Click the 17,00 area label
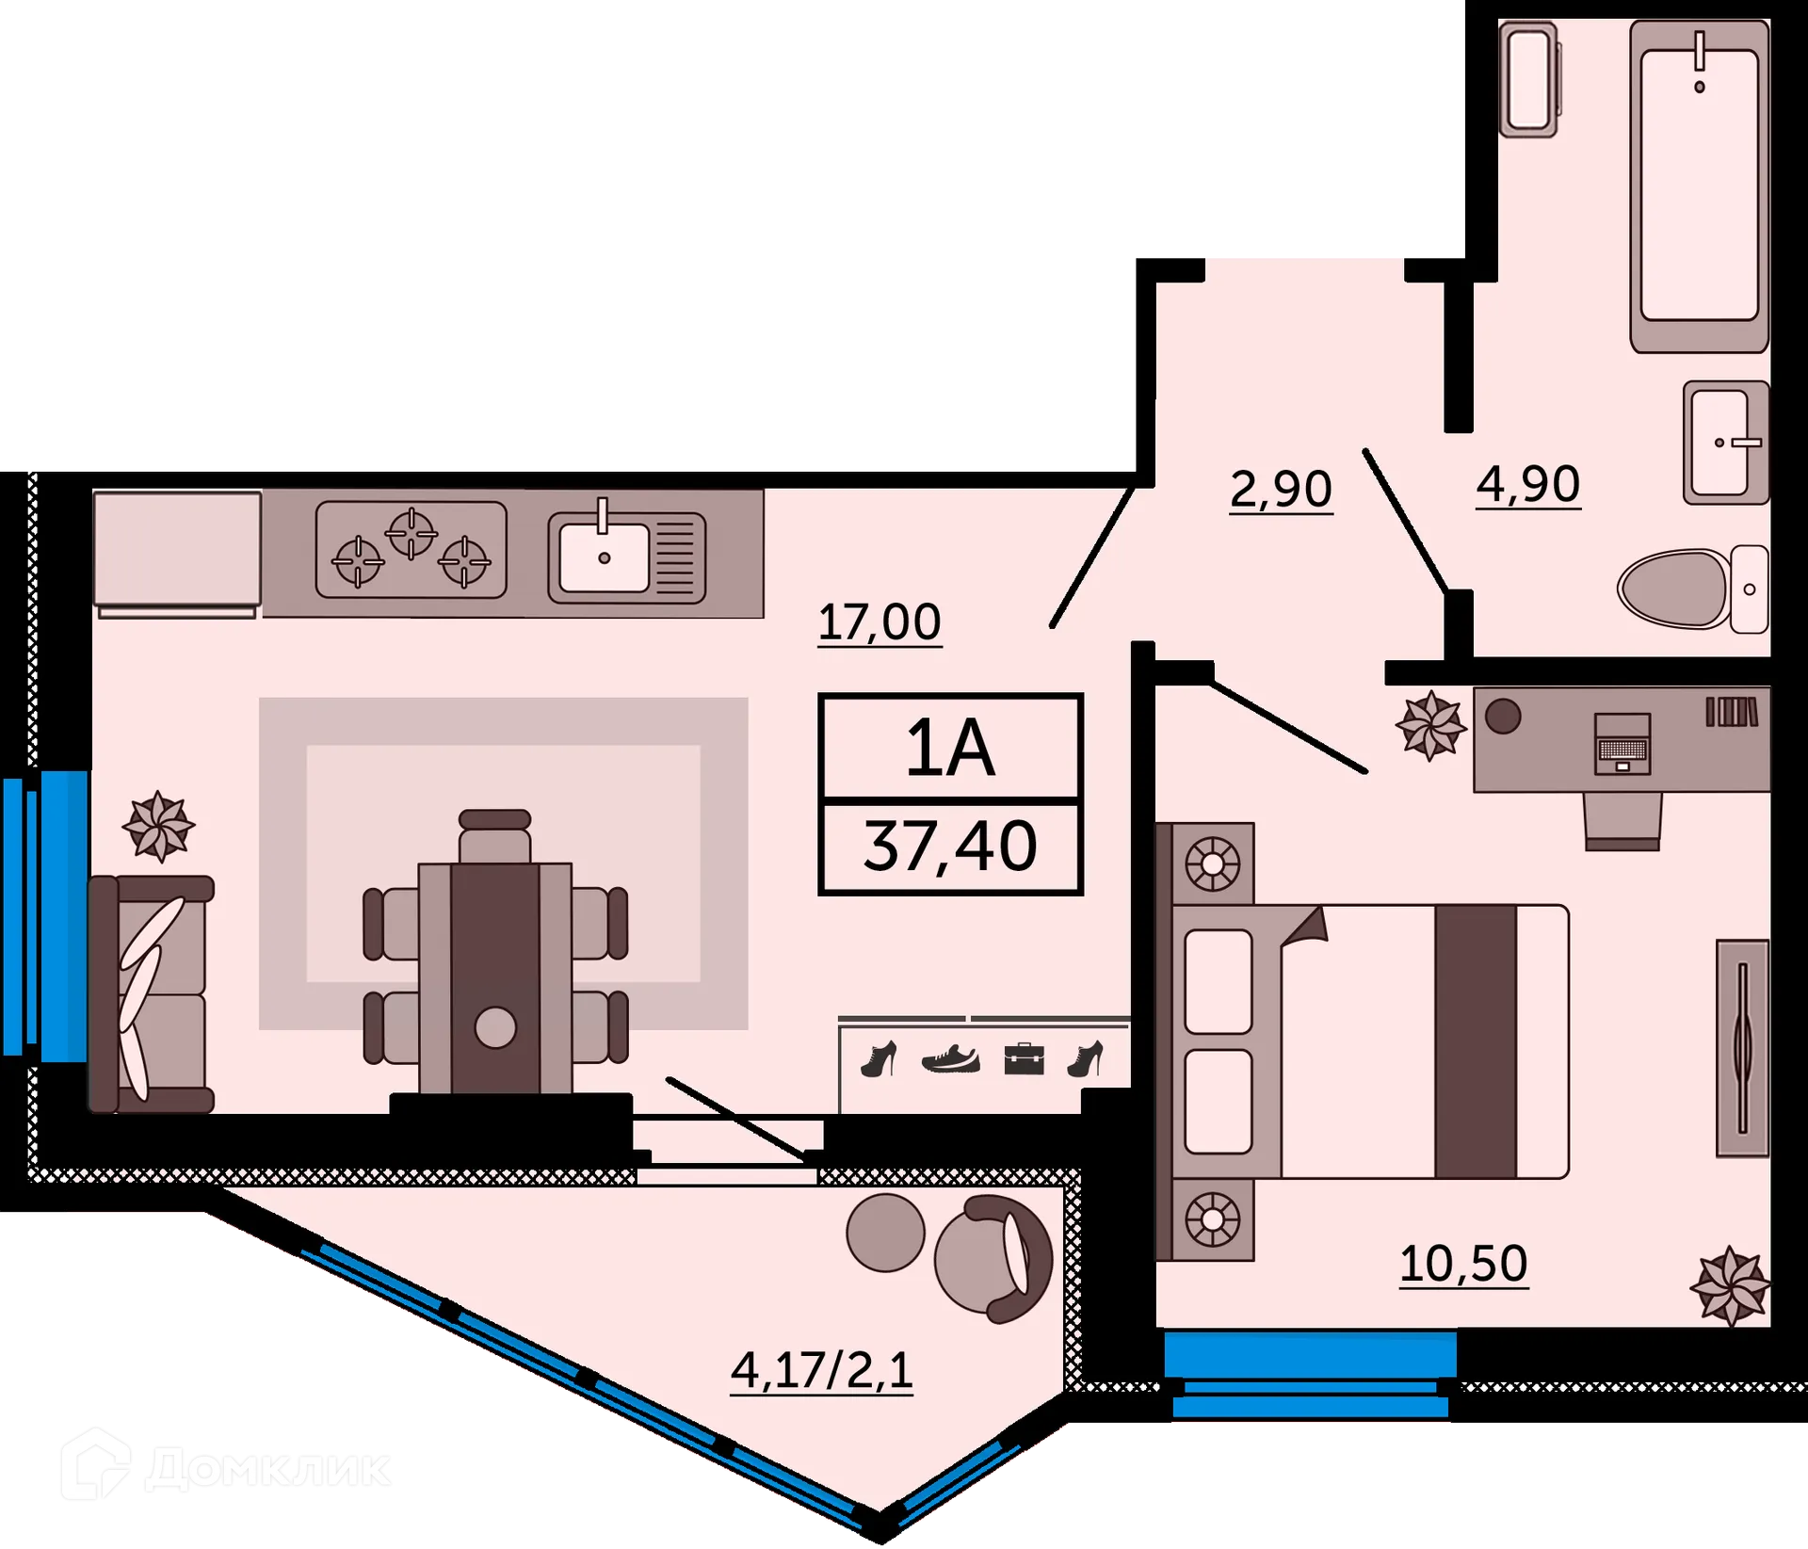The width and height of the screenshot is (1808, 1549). pyautogui.click(x=880, y=622)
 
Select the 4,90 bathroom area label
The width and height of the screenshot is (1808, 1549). pyautogui.click(x=1527, y=485)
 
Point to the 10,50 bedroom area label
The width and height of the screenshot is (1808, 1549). pyautogui.click(x=1463, y=1264)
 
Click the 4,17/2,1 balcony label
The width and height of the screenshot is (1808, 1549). pyautogui.click(x=822, y=1370)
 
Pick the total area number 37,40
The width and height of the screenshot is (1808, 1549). pyautogui.click(x=950, y=847)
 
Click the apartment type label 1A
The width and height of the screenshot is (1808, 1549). pyautogui.click(x=950, y=749)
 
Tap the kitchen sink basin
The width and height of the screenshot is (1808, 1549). pyautogui.click(x=605, y=557)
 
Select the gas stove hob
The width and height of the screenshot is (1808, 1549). pyautogui.click(x=412, y=550)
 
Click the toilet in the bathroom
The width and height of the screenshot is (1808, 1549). pyautogui.click(x=1693, y=589)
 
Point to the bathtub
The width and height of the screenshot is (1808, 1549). pyautogui.click(x=1700, y=186)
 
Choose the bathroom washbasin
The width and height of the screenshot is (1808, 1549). pyautogui.click(x=1726, y=443)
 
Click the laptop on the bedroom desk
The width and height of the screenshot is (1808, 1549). pyautogui.click(x=1622, y=744)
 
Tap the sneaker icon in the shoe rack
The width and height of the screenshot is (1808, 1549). pyautogui.click(x=951, y=1059)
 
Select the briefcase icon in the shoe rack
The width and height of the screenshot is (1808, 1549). pyautogui.click(x=1024, y=1058)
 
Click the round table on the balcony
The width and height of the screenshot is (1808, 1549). pyautogui.click(x=885, y=1233)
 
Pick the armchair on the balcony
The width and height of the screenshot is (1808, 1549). pyautogui.click(x=993, y=1259)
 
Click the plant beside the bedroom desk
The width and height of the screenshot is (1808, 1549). pyautogui.click(x=1431, y=725)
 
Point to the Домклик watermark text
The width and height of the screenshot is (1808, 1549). pyautogui.click(x=267, y=1469)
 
